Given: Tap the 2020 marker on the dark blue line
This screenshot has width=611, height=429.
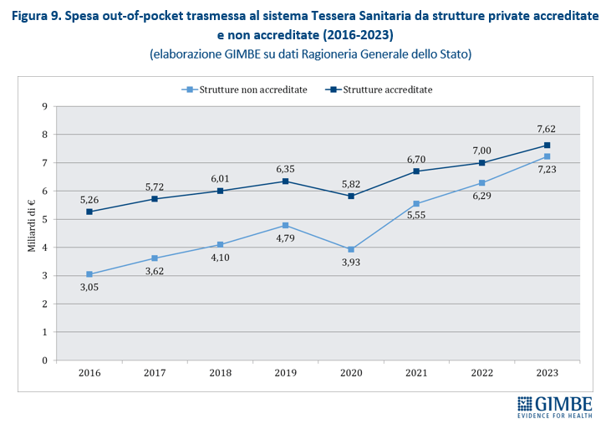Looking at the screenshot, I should click(x=351, y=196).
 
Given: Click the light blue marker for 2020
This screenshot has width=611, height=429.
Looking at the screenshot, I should click(x=351, y=249).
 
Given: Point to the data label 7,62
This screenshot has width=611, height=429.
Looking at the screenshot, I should click(x=547, y=129).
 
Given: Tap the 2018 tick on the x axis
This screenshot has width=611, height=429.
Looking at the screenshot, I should click(x=220, y=373).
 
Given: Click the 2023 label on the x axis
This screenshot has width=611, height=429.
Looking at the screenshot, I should click(x=547, y=373).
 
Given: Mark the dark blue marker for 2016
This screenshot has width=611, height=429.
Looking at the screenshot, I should click(x=89, y=212).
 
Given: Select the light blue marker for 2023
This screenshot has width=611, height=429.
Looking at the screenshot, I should click(x=547, y=156).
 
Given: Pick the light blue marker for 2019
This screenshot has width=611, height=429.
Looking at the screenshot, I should click(x=285, y=225).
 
